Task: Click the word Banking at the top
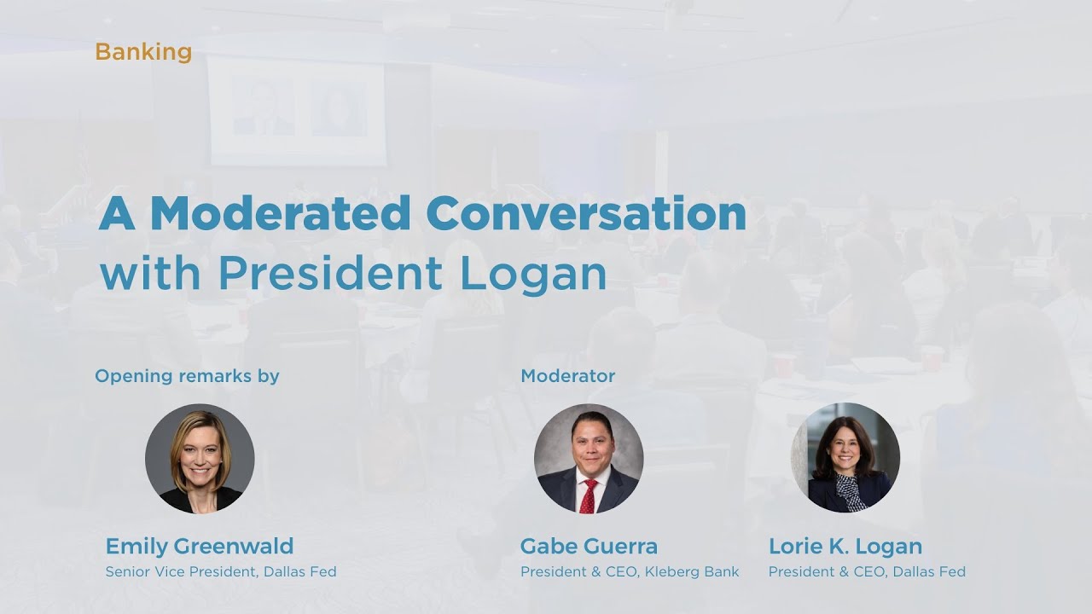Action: pyautogui.click(x=143, y=52)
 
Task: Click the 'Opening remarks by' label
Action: pyautogui.click(x=187, y=375)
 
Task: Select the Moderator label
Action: pyautogui.click(x=567, y=375)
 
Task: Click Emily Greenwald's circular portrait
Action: pyautogui.click(x=200, y=458)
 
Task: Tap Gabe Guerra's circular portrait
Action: pyautogui.click(x=589, y=458)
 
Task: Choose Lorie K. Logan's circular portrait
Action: pyautogui.click(x=845, y=458)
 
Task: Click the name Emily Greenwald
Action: pyautogui.click(x=200, y=546)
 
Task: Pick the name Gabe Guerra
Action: pyautogui.click(x=589, y=546)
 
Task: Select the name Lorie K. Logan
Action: pyautogui.click(x=845, y=546)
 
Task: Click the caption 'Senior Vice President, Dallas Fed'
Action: pyautogui.click(x=221, y=572)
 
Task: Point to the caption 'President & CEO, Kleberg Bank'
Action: pyautogui.click(x=630, y=572)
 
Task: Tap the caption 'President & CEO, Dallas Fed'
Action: pyautogui.click(x=867, y=572)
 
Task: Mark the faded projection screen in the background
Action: pyautogui.click(x=297, y=111)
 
